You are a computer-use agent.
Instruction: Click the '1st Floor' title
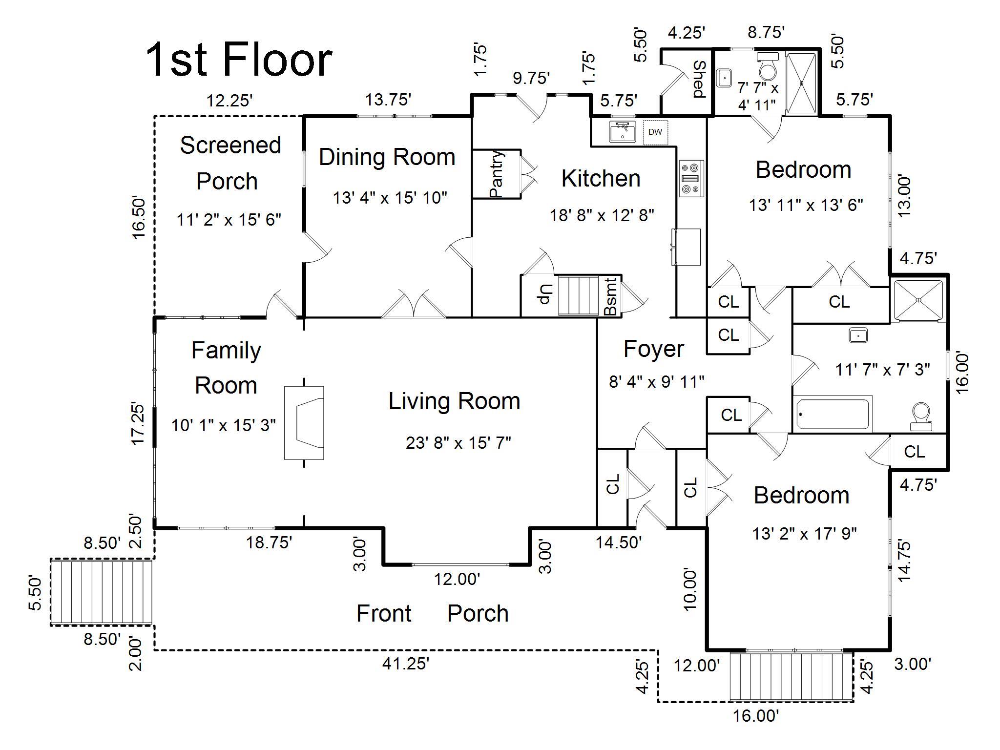(x=239, y=60)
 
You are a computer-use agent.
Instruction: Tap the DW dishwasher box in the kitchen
(x=655, y=132)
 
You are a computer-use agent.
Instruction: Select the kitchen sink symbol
(x=622, y=132)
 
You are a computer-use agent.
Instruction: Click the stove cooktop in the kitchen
(x=691, y=179)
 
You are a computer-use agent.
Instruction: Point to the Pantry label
(x=496, y=174)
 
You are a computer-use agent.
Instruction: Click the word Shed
(x=700, y=79)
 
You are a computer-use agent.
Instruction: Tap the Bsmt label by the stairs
(x=610, y=296)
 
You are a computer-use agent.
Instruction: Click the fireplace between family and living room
(x=304, y=423)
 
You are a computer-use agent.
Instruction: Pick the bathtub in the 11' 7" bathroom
(x=832, y=415)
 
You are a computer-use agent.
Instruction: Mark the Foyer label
(x=653, y=349)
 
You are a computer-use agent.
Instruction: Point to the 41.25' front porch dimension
(x=406, y=664)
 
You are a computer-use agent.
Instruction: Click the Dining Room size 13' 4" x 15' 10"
(x=390, y=198)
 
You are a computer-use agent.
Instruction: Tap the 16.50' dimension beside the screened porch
(x=139, y=218)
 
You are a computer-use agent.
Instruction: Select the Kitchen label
(x=601, y=179)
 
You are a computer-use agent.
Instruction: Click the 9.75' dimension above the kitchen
(x=531, y=78)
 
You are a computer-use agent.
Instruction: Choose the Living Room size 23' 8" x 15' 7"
(x=458, y=443)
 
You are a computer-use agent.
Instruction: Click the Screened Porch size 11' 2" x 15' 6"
(x=229, y=220)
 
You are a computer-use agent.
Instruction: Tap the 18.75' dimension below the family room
(x=269, y=542)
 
